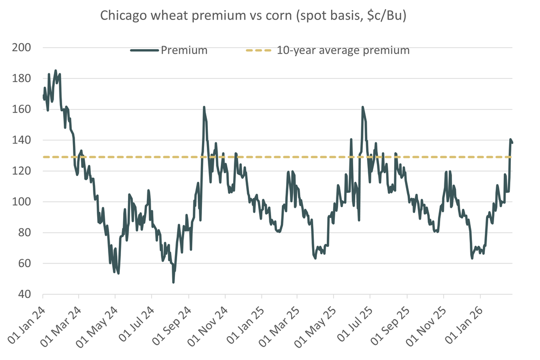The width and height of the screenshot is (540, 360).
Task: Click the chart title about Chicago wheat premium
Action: [x=253, y=16]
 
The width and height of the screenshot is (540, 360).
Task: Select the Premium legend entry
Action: [x=169, y=50]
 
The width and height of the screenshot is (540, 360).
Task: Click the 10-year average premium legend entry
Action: [x=327, y=50]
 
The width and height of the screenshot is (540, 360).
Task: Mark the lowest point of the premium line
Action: [x=173, y=282]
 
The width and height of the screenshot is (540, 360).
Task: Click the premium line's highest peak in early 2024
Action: [x=56, y=70]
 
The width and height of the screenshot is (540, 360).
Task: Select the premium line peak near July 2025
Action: [x=363, y=107]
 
